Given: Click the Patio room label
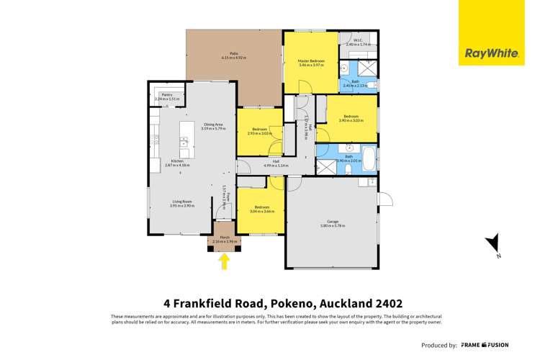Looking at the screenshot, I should pos(233,55).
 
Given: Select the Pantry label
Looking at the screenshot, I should pos(166,97).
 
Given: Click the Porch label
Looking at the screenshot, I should pos(224,240).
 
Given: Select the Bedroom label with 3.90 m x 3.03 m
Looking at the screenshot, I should pos(351,118).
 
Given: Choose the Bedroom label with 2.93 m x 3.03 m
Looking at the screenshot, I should pos(258,131).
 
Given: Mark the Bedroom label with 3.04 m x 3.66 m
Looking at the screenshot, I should pos(262,210).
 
